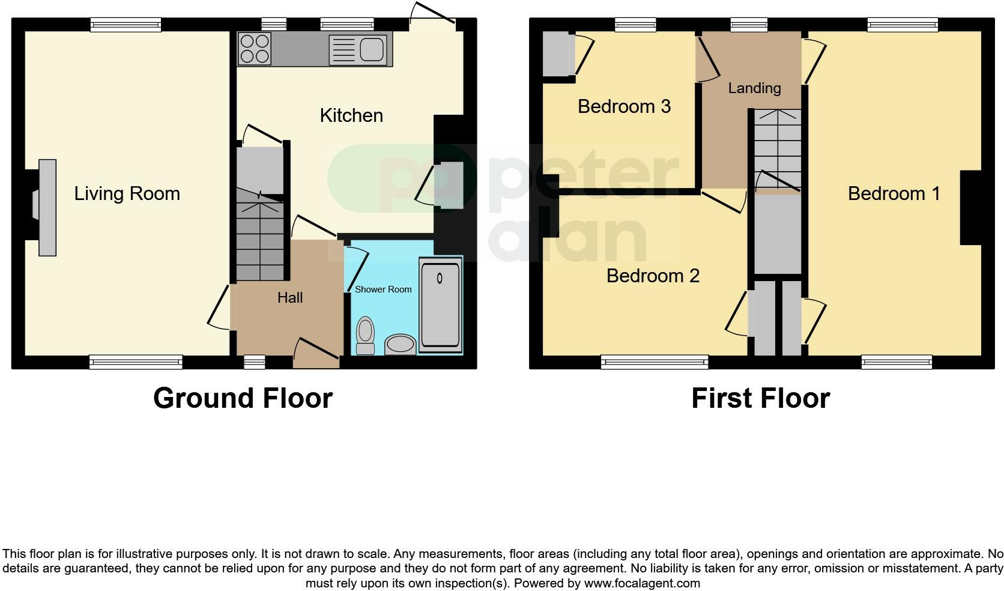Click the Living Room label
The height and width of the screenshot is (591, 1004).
point(127,193)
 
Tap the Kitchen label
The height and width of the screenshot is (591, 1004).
point(351,115)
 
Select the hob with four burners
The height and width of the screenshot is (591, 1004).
point(255,49)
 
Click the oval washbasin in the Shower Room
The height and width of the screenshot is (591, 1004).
point(400,344)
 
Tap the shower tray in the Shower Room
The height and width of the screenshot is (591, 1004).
point(441,306)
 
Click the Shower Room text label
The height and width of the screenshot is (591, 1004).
point(383,289)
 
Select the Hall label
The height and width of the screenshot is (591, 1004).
point(290,297)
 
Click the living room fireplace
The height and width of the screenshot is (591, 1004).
point(47,207)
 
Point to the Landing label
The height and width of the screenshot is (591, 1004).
point(754,88)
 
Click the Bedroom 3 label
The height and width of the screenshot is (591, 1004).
point(624,106)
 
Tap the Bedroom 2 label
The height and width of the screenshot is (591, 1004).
point(653,276)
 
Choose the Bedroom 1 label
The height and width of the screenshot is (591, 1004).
point(894,193)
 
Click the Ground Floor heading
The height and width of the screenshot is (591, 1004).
point(243,398)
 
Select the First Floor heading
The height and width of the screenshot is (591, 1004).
point(760,398)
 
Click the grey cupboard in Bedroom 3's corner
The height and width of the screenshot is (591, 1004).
point(558,54)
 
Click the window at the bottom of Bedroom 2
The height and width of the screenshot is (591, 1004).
point(655,362)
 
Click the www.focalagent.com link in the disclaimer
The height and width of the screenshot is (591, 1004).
point(642,583)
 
